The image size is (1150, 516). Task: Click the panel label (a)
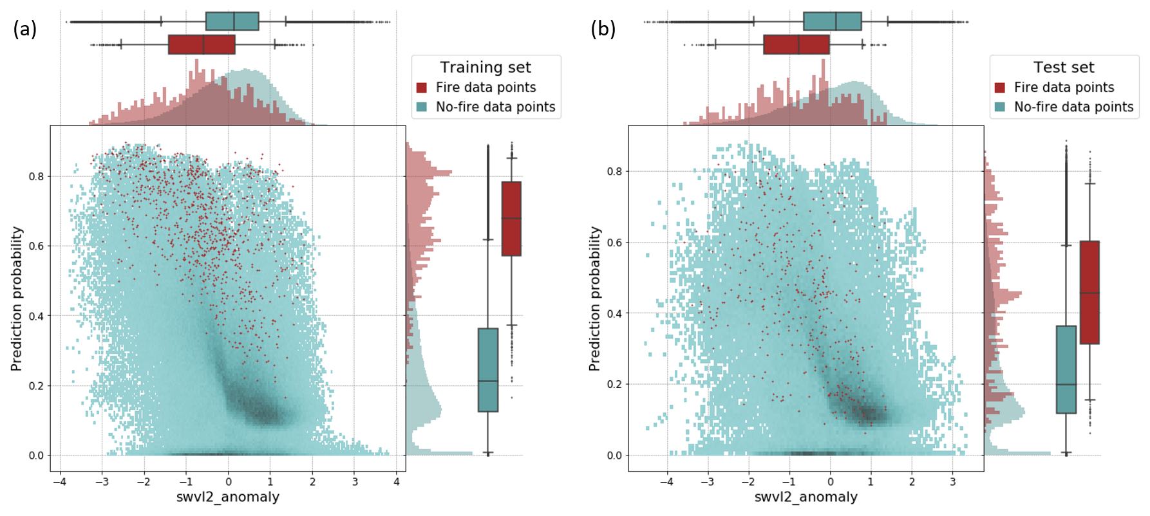24,29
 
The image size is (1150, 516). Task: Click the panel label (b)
603,29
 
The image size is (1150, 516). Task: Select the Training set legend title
485,68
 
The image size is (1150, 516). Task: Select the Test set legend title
1064,68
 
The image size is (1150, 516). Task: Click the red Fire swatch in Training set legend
422,88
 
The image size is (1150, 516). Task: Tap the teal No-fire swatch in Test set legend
1000,107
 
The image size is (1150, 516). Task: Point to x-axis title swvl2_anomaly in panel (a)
228,497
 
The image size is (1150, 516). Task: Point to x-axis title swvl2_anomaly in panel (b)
806,497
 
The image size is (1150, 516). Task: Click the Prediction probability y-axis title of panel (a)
17,299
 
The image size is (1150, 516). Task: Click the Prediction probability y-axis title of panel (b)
595,299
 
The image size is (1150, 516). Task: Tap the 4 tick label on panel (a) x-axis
397,481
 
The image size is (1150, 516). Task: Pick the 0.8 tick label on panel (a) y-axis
36,176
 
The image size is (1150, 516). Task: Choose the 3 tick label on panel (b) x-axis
953,481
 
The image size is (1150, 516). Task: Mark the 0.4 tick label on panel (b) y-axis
614,313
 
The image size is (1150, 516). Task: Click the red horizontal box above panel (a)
202,44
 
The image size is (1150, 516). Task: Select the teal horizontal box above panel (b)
832,21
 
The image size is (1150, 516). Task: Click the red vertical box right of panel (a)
511,219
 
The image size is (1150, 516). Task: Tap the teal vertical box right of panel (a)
488,370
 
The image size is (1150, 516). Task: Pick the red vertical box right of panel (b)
1089,293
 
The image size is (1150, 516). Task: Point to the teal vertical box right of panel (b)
1066,369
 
